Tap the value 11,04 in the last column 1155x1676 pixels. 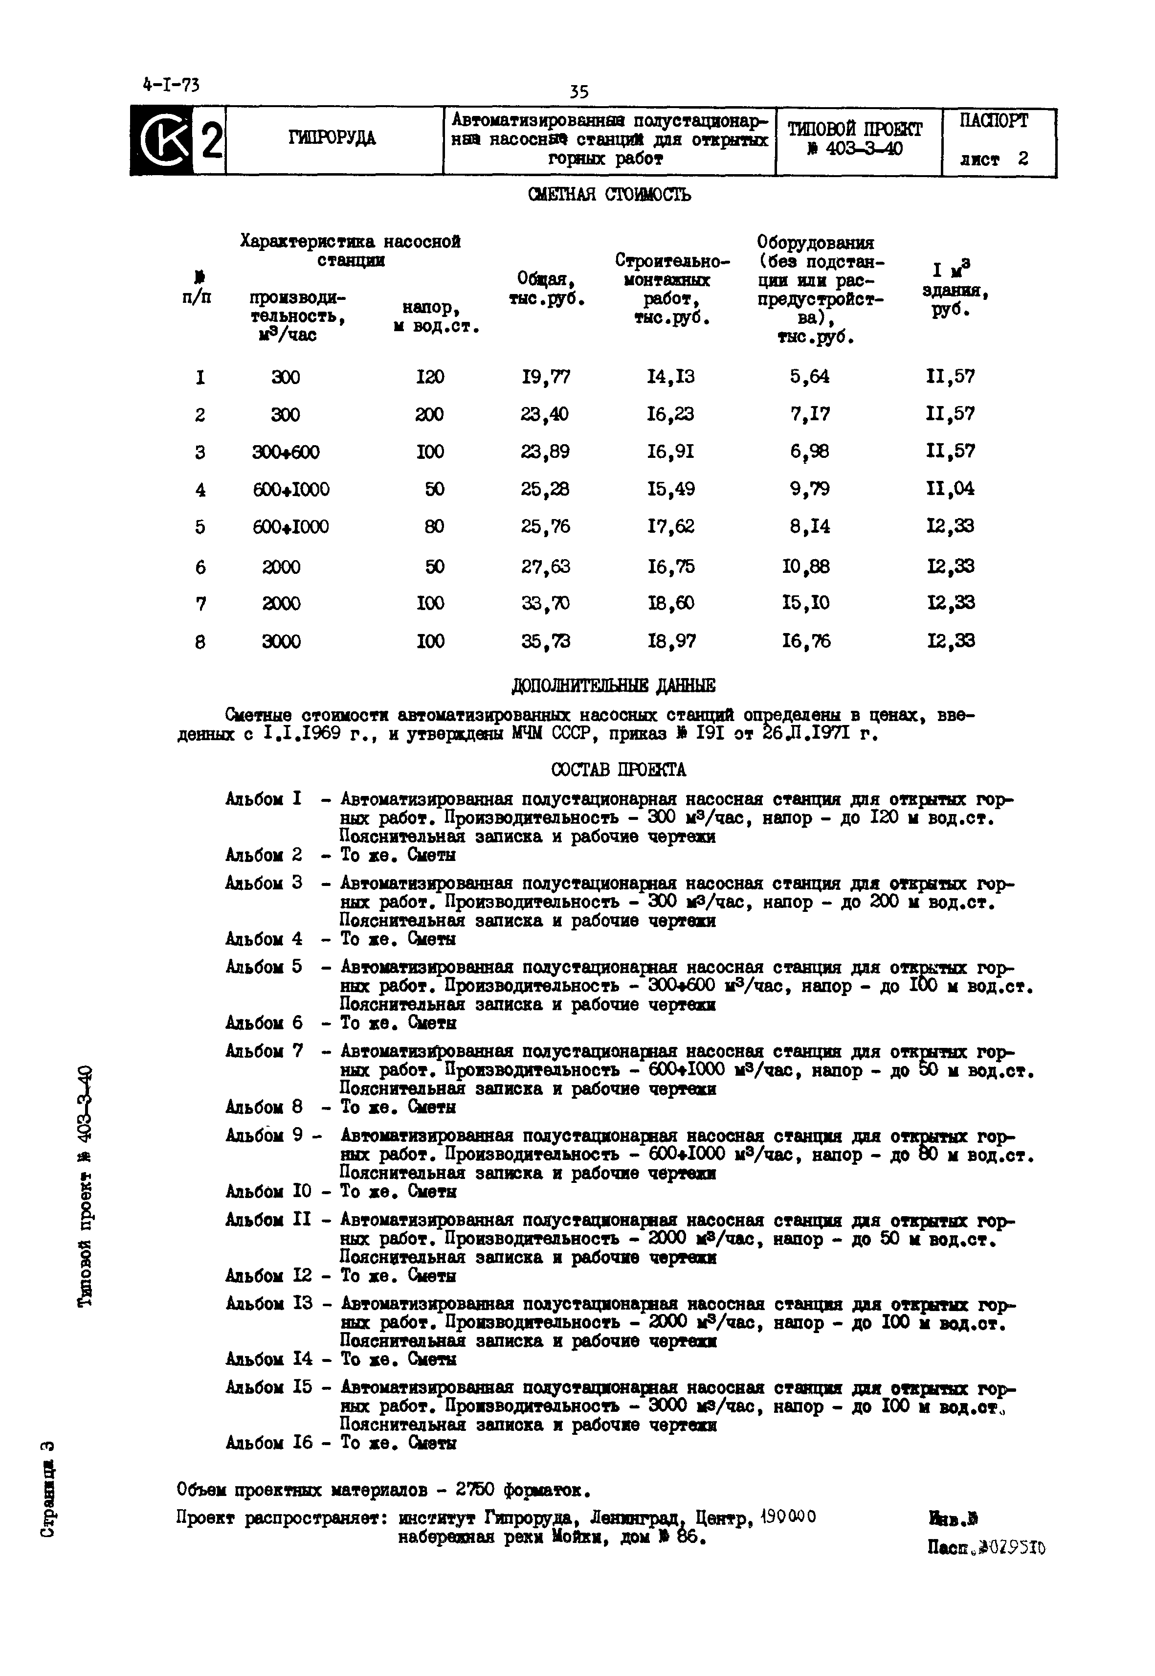950,489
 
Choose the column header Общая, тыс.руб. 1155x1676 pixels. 546,288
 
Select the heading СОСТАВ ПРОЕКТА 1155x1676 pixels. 618,769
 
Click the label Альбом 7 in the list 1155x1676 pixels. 264,1050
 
